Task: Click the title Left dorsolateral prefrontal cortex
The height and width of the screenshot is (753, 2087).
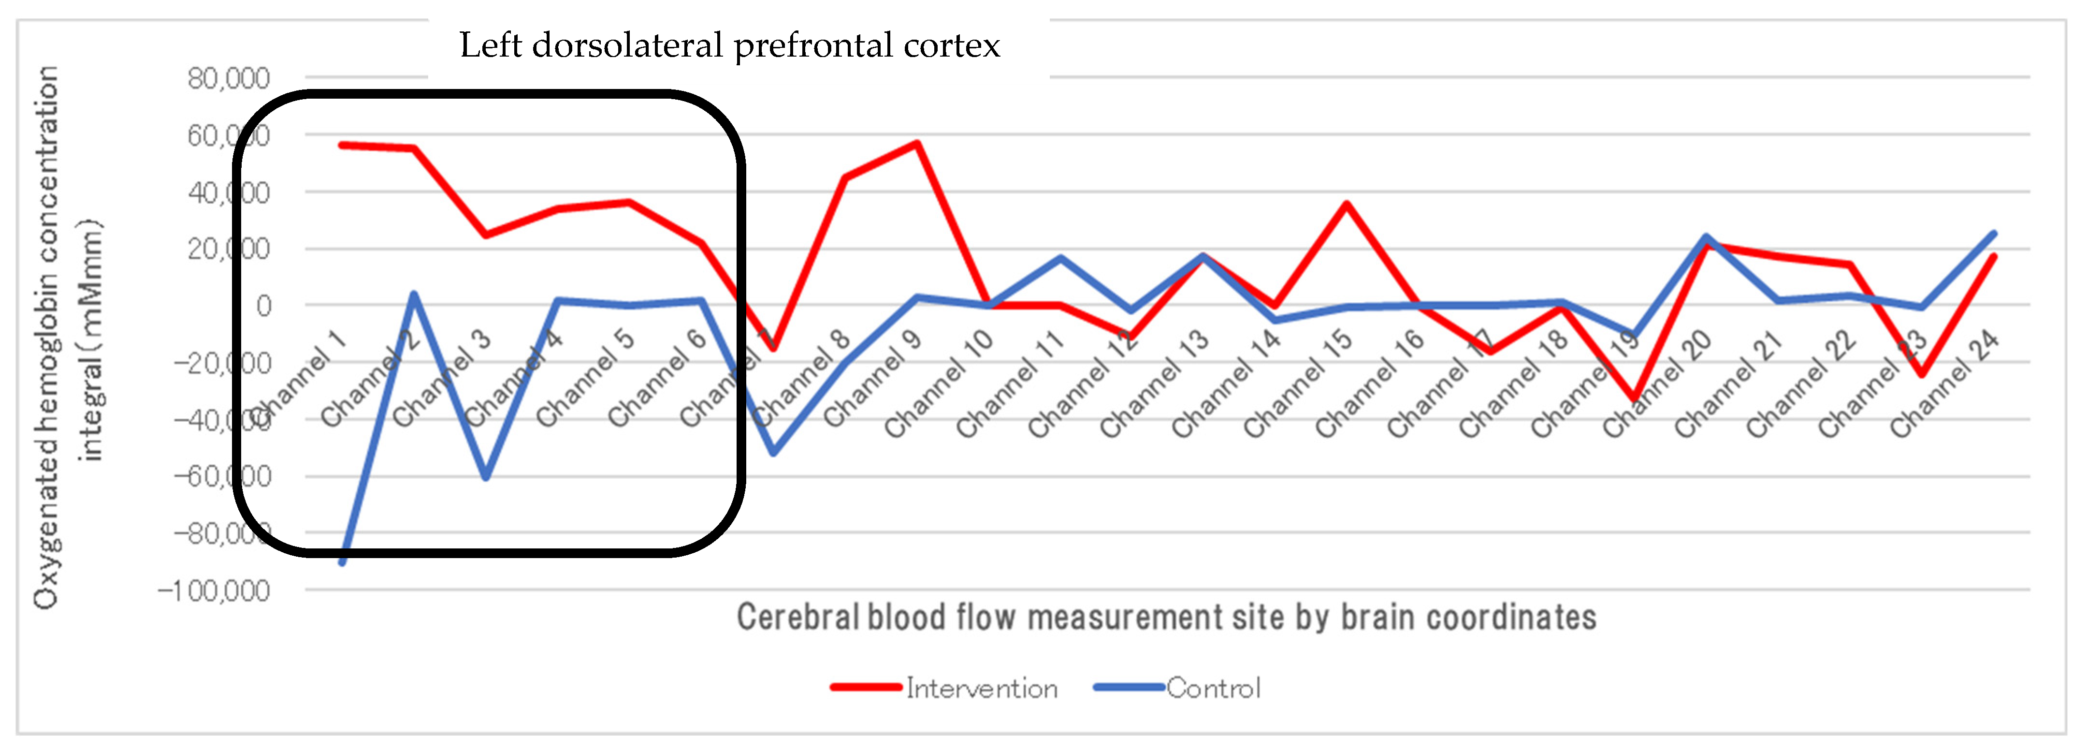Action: [x=729, y=45]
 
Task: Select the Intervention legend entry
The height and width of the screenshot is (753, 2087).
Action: [x=980, y=688]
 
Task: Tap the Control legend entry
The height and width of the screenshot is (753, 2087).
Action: [x=1213, y=688]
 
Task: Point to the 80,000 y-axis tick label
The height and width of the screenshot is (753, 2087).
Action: [x=229, y=79]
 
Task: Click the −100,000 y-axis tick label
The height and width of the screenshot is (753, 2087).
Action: [x=214, y=591]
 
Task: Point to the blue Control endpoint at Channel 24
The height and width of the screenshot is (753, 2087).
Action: [x=1993, y=234]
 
